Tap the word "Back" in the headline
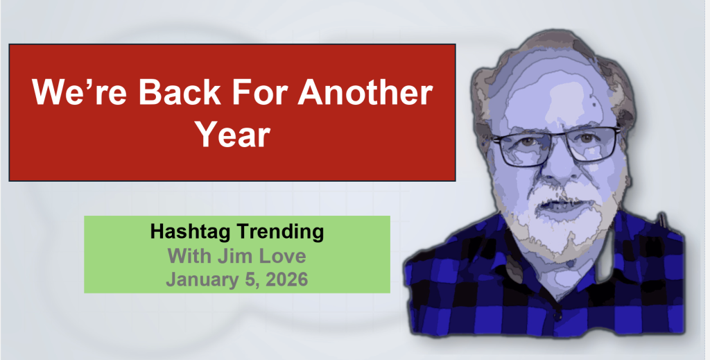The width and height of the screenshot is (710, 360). (180, 92)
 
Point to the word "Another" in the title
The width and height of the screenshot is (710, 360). (365, 92)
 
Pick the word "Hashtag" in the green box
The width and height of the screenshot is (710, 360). (190, 232)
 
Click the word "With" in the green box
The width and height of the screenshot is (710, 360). (189, 256)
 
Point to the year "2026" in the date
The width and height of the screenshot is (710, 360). (286, 279)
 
